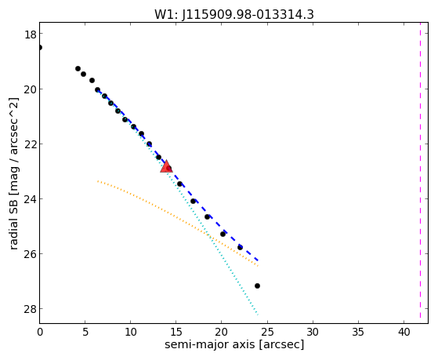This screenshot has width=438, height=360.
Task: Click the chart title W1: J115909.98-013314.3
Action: [x=234, y=14]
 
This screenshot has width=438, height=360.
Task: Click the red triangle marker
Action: [x=166, y=167]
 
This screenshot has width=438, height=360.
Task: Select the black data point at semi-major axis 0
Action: [x=40, y=47]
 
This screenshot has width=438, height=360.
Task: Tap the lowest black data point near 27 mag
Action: [x=257, y=285]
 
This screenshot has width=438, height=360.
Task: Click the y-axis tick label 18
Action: [x=30, y=35]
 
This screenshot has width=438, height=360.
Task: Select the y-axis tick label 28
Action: [x=30, y=309]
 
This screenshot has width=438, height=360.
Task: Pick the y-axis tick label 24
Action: [x=30, y=199]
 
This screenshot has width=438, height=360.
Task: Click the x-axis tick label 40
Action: [x=404, y=332]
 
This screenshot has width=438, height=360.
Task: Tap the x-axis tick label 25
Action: [x=267, y=332]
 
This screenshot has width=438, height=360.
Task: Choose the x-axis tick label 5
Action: [x=85, y=332]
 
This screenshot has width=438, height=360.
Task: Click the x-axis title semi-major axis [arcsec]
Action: [x=234, y=344]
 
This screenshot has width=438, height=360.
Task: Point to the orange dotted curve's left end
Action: [x=98, y=181]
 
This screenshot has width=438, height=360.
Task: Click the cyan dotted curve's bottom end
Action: [x=258, y=315]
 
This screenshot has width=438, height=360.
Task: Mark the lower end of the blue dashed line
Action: [x=258, y=260]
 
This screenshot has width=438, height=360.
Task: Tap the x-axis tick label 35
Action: [x=358, y=332]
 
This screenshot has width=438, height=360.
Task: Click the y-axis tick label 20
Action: [x=30, y=89]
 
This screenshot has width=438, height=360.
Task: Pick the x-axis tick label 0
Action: [x=40, y=332]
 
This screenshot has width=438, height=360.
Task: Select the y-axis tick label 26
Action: [x=30, y=254]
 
